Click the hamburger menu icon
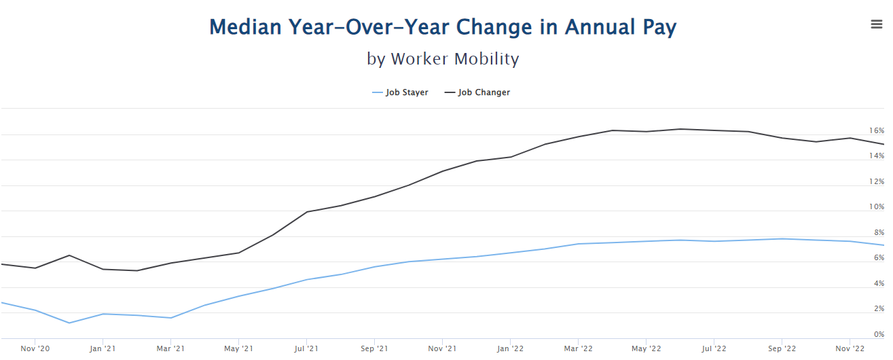pos(876,24)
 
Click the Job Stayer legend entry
pos(400,92)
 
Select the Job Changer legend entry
pos(477,92)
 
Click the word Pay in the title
pos(659,27)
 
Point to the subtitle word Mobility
pos(487,58)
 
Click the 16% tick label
pos(877,130)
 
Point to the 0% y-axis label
pos(879,334)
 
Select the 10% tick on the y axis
pos(877,206)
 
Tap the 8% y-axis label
pos(879,232)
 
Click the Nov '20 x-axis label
pos(35,348)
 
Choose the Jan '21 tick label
pos(103,348)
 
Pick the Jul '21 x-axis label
pos(306,348)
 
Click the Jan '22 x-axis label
pos(510,348)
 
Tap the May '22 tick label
pos(646,348)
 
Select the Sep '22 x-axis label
pos(782,348)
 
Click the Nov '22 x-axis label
pos(850,348)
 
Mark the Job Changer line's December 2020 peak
pos(69,255)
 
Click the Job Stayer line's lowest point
pos(69,323)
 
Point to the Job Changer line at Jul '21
pos(306,212)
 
